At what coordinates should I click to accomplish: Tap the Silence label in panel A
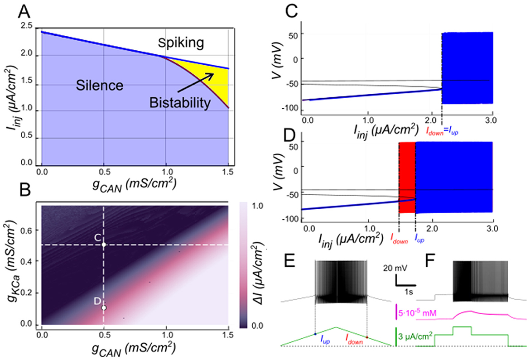coord(93,85)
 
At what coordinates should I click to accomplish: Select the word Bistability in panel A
coord(180,104)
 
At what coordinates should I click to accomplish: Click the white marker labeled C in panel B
coord(104,245)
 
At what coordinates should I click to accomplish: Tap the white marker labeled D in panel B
coord(104,308)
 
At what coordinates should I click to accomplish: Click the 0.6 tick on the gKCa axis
coord(30,230)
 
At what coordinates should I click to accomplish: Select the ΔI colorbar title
coord(263,268)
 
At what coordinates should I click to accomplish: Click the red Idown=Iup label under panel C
coord(444,129)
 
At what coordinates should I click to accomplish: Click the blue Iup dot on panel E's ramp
coord(315,334)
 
